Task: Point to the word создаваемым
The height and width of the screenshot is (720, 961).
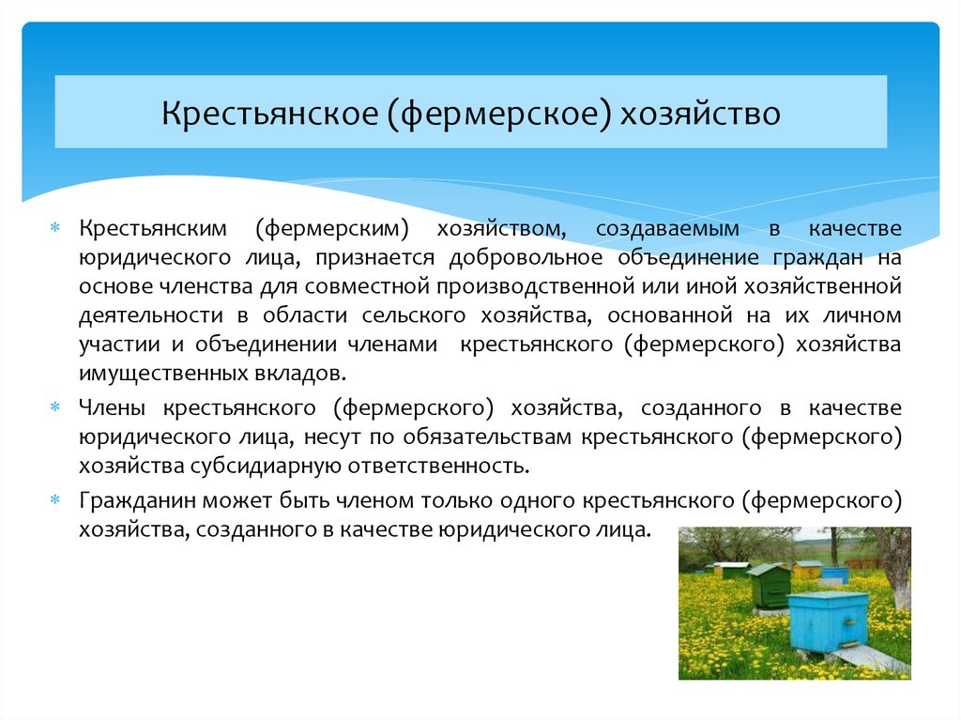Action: coord(667,228)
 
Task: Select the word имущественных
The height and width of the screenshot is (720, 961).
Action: coord(151,373)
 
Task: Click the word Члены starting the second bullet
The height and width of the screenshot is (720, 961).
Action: coord(110,407)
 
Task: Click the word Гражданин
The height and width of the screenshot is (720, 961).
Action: coord(131,500)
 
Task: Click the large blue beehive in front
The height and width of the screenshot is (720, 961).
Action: coord(828,620)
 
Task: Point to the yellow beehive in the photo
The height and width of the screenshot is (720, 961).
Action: coord(805,570)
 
